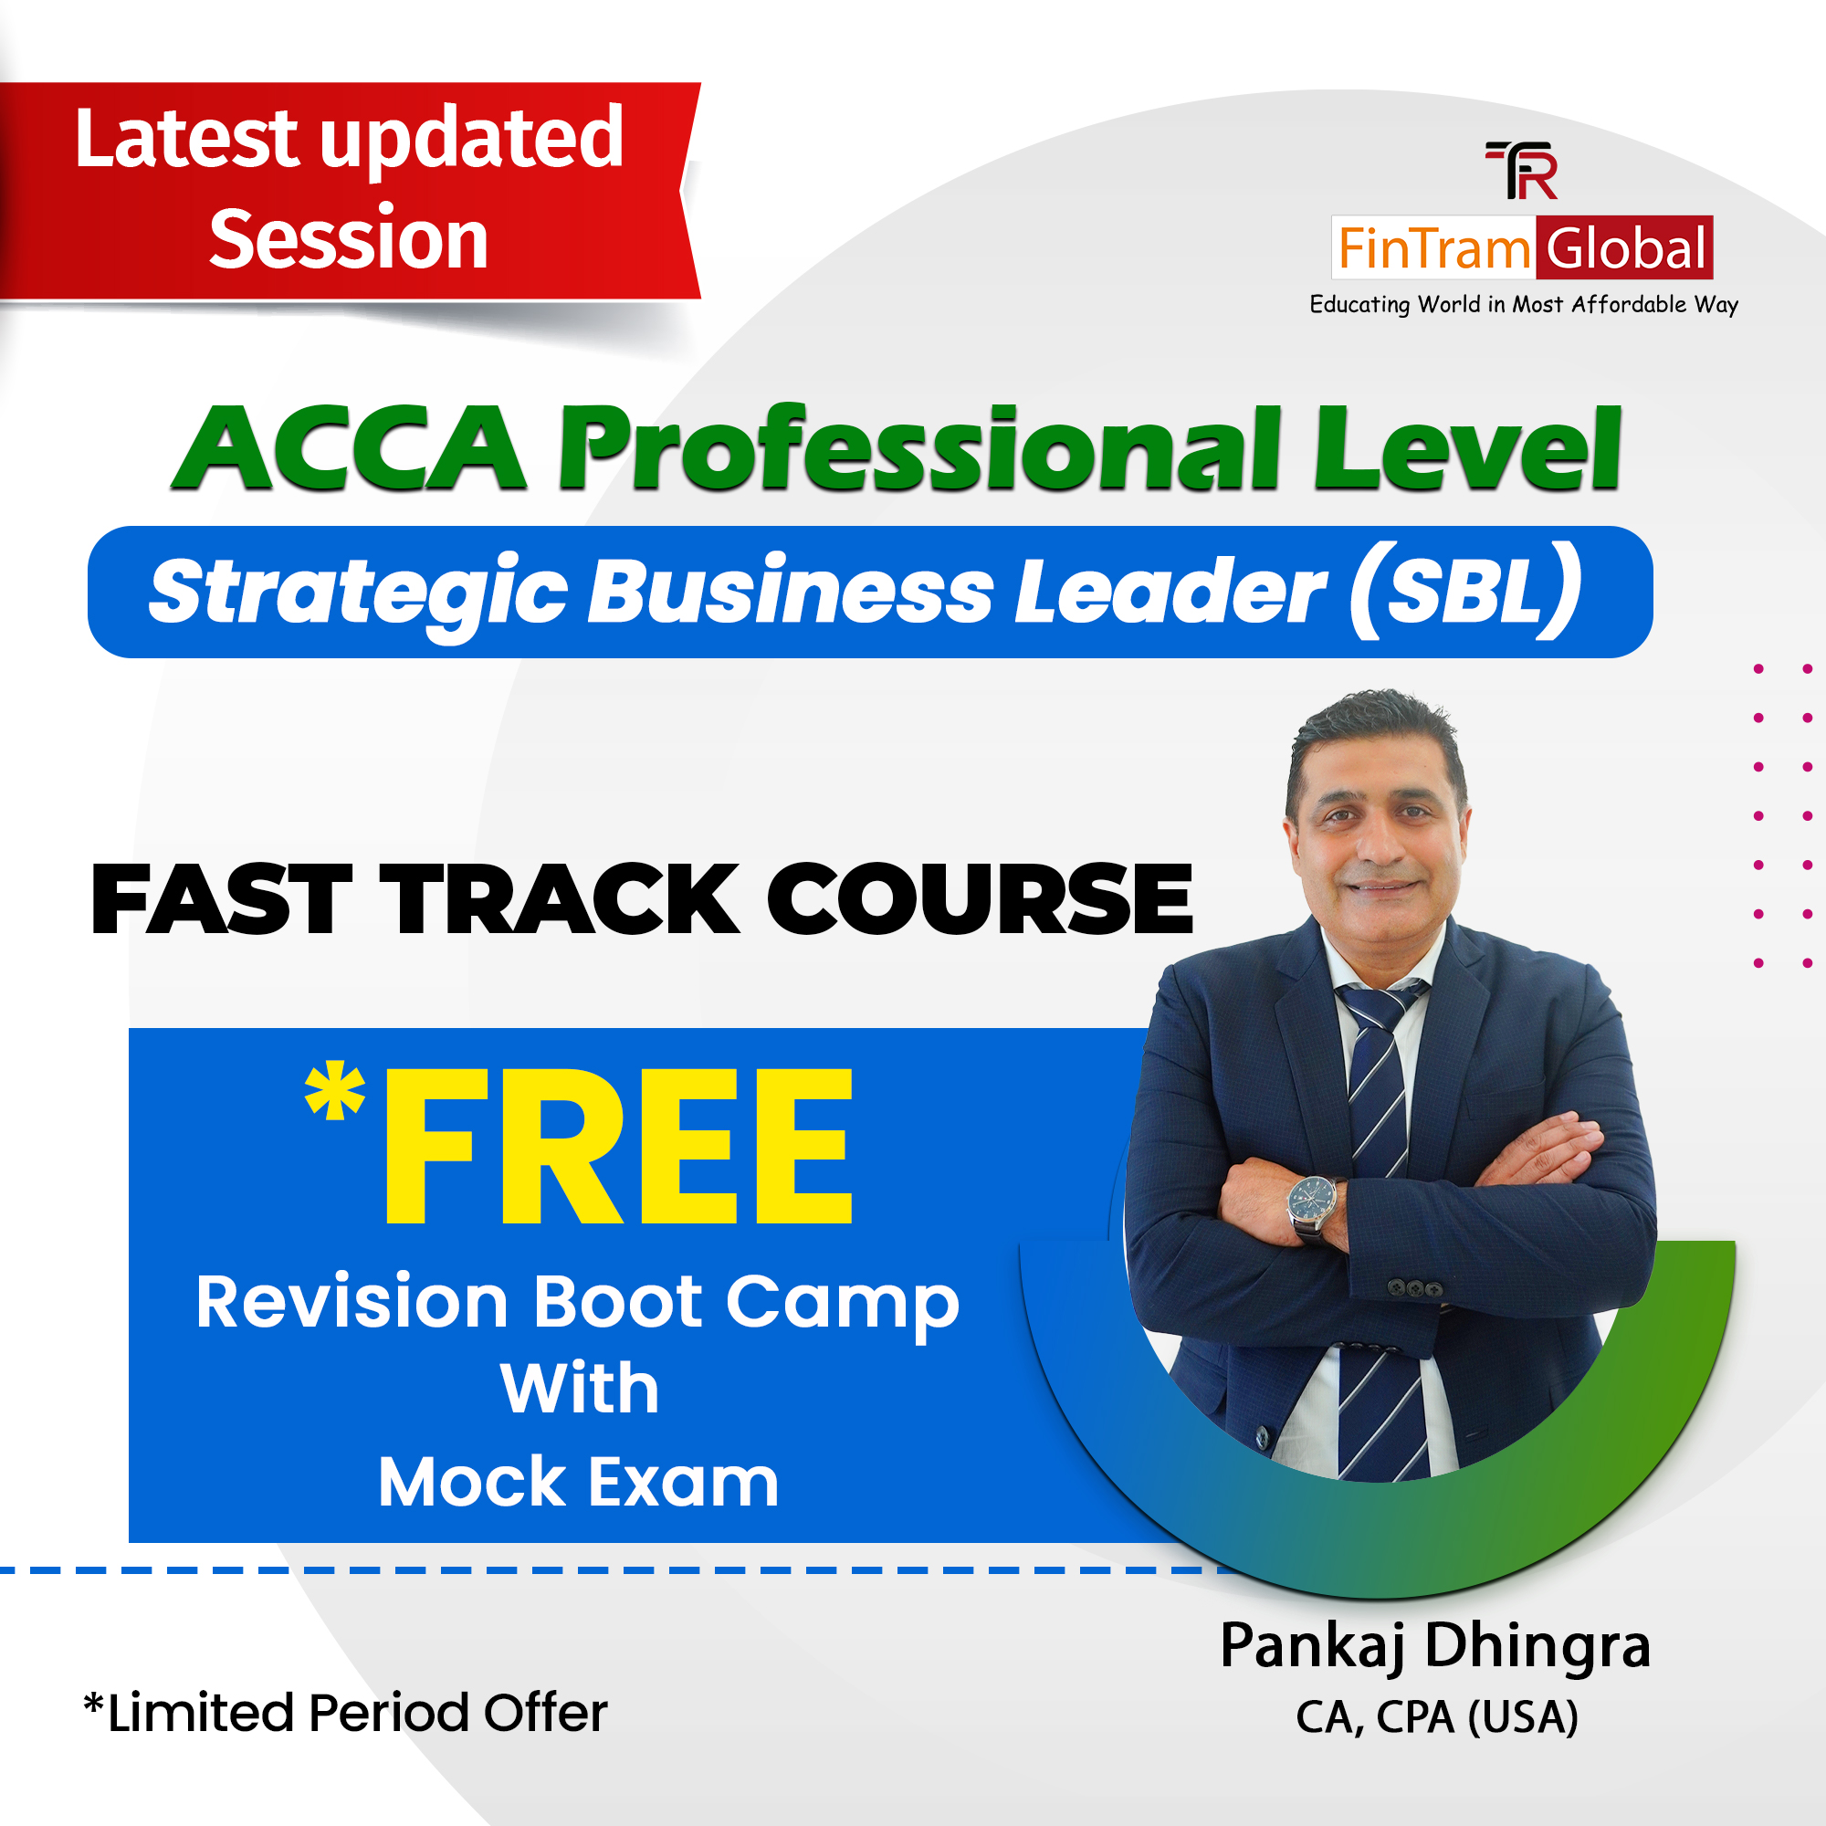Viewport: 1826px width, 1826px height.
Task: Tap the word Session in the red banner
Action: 348,240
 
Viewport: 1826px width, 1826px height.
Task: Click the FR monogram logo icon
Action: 1521,170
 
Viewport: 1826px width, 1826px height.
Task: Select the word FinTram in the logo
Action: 1432,249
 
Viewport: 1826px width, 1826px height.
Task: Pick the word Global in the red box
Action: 1625,248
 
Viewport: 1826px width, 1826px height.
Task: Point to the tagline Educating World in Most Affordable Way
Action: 1523,304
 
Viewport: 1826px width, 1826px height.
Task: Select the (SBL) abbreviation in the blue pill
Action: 1465,591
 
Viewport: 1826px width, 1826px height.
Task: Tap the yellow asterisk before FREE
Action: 334,1093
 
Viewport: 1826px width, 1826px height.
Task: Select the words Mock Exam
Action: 579,1482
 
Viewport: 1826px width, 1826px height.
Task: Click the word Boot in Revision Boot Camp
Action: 618,1303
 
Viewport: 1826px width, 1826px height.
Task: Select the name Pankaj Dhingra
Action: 1434,1645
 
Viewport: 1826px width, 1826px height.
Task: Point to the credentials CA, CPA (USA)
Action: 1436,1717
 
